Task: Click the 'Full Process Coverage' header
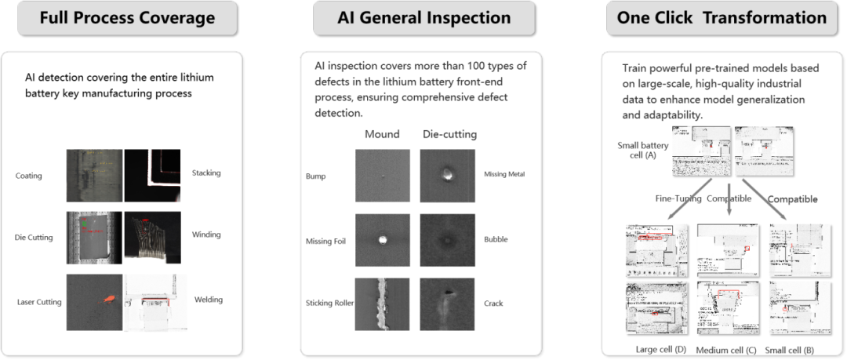point(127,17)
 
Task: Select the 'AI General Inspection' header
point(423,17)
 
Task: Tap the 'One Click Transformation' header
point(722,17)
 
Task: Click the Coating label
point(29,176)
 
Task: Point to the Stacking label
point(206,173)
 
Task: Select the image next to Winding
point(152,236)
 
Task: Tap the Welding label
point(209,299)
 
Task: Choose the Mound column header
point(382,134)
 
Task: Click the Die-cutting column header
point(449,134)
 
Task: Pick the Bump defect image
point(381,176)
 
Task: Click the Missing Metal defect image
point(448,176)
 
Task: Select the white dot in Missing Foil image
point(383,239)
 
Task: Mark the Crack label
point(493,303)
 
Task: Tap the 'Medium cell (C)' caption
point(726,348)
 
